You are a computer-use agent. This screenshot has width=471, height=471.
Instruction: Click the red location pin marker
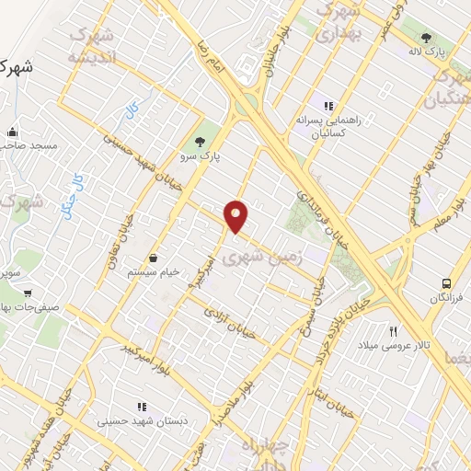click(237, 215)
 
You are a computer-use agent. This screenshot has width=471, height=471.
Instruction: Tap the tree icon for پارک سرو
click(200, 141)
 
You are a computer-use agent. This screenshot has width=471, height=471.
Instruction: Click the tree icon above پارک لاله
click(426, 39)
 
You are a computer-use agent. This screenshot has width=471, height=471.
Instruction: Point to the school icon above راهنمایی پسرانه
click(328, 106)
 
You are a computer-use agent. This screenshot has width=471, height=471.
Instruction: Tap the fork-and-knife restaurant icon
click(394, 330)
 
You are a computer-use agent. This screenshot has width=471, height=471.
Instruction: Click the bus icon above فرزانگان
click(446, 283)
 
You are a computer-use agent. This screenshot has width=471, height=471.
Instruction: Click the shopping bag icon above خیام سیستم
click(152, 258)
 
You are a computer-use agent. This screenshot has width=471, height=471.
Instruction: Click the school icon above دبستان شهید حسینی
click(142, 406)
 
